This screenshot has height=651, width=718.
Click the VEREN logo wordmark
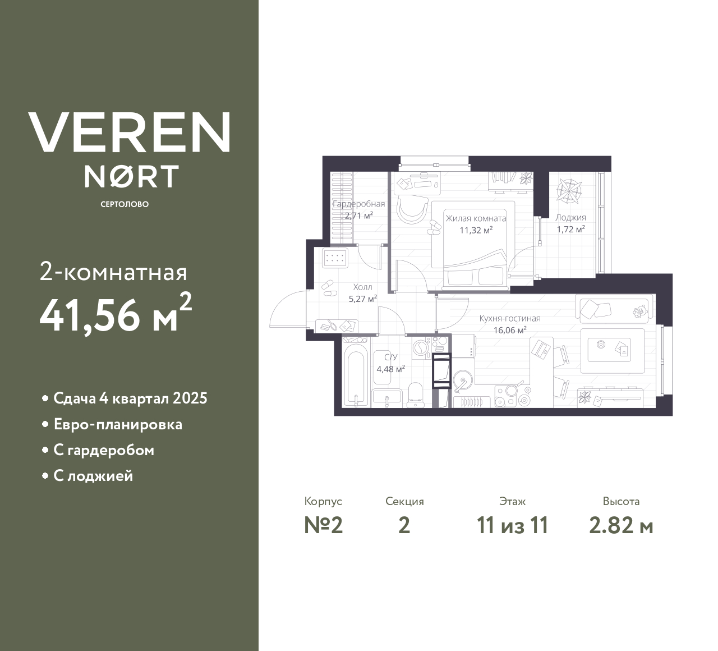pos(130,132)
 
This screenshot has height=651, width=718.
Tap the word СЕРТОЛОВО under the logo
pos(125,204)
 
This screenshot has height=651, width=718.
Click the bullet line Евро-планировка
pos(118,424)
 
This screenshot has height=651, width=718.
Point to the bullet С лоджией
pos(93,476)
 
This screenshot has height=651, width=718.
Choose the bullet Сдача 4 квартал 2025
pos(130,398)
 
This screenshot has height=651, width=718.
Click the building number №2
pos(323,525)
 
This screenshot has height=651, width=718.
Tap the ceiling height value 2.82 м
pos(621,525)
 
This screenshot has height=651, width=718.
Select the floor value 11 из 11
pos(512,525)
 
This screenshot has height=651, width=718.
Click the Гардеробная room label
pos(359,204)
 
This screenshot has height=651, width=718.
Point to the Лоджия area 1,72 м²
pos(570,229)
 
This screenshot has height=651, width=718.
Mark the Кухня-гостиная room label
pos(509,319)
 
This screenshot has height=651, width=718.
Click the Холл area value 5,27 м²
pos(362,299)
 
